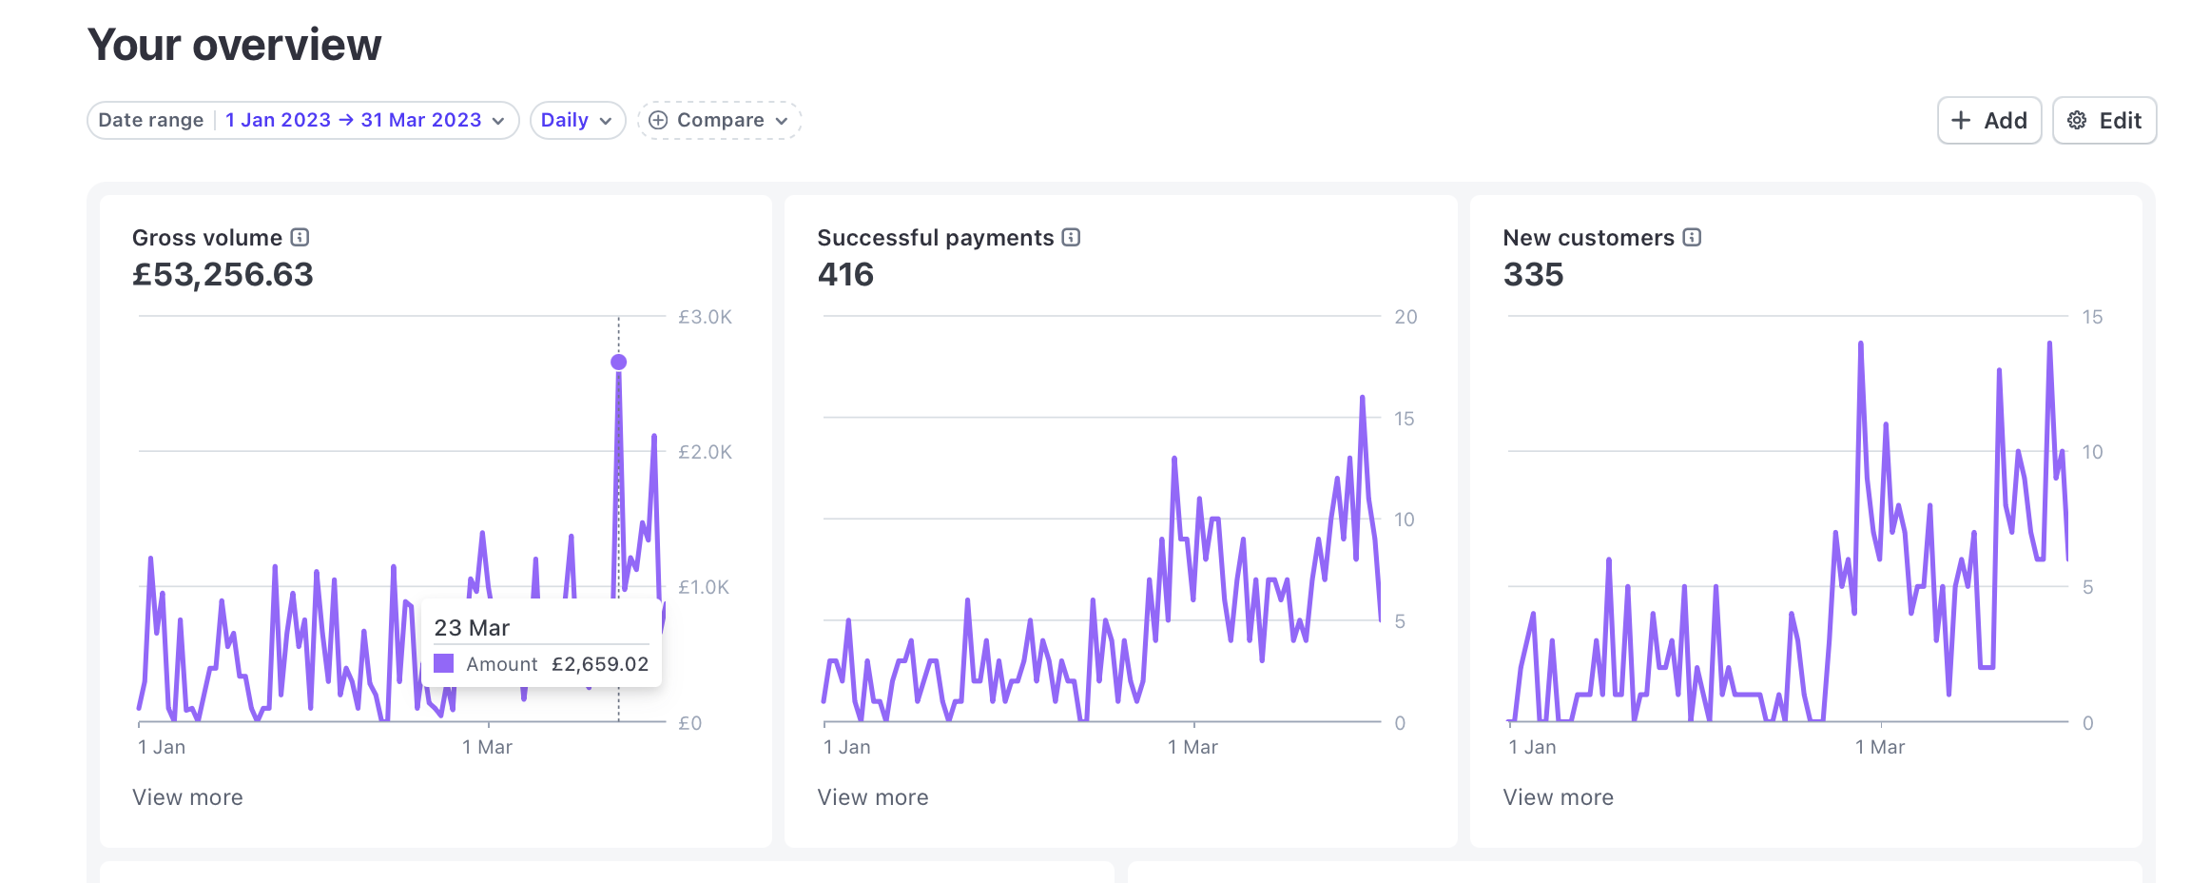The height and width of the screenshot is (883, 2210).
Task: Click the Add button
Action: [x=1988, y=121]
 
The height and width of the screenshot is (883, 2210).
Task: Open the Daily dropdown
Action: [x=576, y=121]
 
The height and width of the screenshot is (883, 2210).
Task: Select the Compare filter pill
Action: [x=719, y=121]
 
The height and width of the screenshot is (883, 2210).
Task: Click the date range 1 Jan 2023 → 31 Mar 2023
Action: [x=364, y=121]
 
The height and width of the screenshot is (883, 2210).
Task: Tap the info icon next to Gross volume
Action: [x=300, y=237]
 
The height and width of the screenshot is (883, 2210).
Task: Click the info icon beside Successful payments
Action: [x=1071, y=237]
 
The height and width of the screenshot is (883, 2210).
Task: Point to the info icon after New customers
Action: [x=1692, y=237]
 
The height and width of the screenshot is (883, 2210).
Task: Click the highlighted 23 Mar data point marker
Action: [x=618, y=362]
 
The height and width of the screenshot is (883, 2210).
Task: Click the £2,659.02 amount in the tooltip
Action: [x=600, y=664]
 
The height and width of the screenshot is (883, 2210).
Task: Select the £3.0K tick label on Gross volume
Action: [x=705, y=317]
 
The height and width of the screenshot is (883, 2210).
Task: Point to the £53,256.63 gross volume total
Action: [x=223, y=275]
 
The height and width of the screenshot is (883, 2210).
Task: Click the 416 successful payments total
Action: [x=845, y=275]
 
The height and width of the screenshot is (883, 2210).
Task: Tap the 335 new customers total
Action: [x=1533, y=275]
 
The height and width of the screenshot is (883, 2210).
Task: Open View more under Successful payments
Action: [x=872, y=797]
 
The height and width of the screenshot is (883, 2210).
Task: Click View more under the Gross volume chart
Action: [x=187, y=797]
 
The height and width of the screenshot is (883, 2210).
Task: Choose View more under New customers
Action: [x=1558, y=797]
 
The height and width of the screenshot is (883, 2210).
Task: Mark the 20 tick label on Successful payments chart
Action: [x=1405, y=317]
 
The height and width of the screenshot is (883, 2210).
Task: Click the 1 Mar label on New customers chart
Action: [x=1879, y=747]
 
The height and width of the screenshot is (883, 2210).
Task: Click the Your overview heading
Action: [x=234, y=45]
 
